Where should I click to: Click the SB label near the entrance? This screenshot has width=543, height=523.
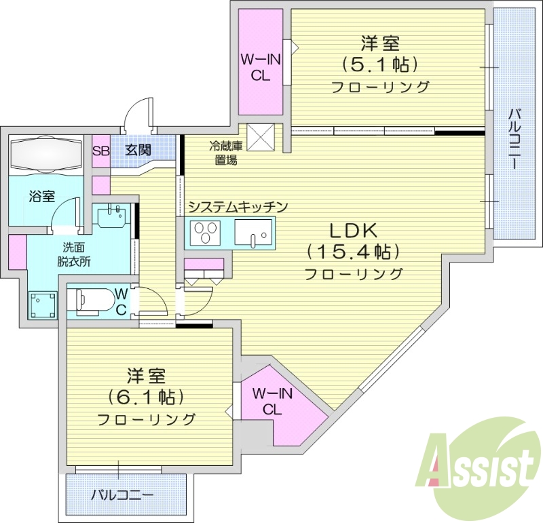(x=100, y=151)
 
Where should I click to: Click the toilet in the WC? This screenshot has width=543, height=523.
(x=88, y=301)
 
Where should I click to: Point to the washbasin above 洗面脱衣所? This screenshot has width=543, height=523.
(x=113, y=218)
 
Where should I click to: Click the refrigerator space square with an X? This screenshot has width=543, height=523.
(x=260, y=136)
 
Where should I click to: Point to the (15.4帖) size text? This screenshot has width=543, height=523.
(x=353, y=252)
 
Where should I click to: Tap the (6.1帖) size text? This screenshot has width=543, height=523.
(x=146, y=396)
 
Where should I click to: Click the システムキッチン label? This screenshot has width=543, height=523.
(x=238, y=206)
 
